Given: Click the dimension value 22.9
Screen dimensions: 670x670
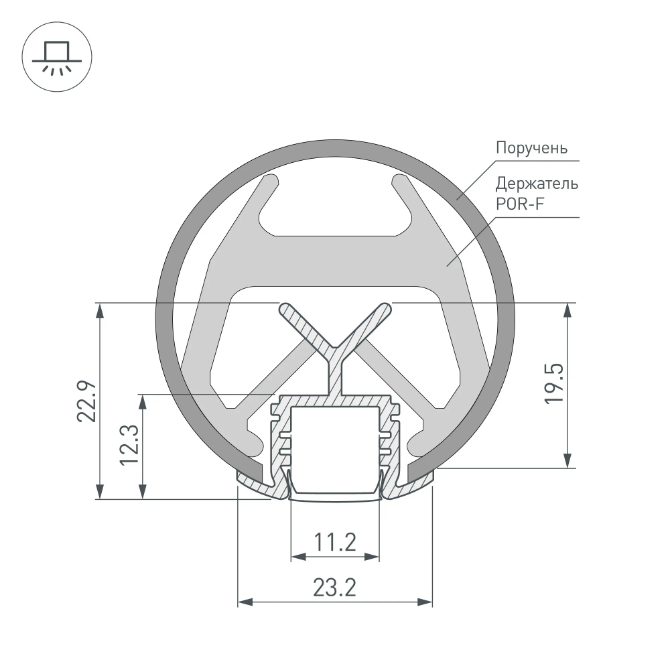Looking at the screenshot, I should (x=88, y=401).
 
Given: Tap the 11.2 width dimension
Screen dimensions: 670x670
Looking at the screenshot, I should (x=335, y=541).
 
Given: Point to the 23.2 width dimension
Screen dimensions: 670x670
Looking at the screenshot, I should (x=334, y=588).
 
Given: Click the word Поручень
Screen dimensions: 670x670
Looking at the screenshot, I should (x=531, y=147).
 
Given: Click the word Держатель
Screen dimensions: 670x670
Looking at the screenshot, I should (x=537, y=183).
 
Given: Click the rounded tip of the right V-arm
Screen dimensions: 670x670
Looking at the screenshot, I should (x=385, y=309).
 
